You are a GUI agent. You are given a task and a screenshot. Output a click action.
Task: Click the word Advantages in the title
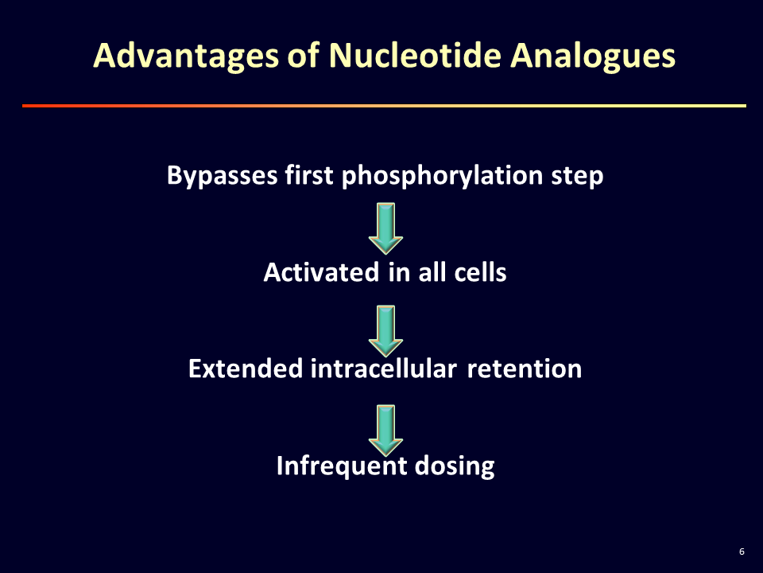tap(186, 56)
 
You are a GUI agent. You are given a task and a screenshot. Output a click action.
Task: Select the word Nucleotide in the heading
tap(415, 55)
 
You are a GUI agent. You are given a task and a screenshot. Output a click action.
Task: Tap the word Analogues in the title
tap(593, 57)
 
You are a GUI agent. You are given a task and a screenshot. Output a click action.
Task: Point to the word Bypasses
tap(223, 175)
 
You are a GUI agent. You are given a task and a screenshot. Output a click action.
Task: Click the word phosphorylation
tap(442, 175)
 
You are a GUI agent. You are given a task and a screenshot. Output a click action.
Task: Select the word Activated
tap(321, 271)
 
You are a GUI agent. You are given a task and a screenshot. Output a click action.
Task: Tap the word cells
tap(480, 271)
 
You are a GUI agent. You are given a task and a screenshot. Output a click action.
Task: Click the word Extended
tap(246, 368)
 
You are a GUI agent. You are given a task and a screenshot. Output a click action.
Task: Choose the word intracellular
tap(383, 368)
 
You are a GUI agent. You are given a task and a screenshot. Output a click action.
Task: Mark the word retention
tap(525, 368)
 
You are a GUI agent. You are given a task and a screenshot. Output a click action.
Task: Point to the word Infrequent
tap(342, 466)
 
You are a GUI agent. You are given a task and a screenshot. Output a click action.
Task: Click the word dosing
tap(455, 466)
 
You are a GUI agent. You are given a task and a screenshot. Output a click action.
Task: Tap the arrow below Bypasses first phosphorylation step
tap(385, 228)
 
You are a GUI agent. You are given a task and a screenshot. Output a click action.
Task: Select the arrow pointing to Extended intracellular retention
tap(385, 331)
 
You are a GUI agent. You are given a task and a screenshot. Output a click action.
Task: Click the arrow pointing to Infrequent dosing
tap(385, 431)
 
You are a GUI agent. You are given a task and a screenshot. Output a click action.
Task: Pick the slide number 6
tap(742, 552)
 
